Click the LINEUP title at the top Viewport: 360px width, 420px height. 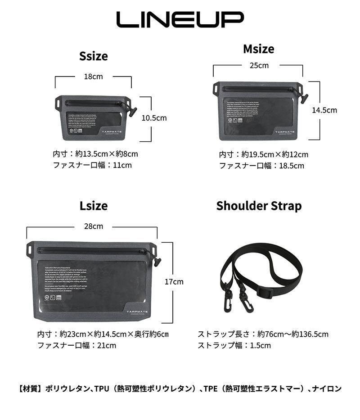coord(180,19)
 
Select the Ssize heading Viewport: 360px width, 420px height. coord(94,56)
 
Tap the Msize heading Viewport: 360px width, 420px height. coord(258,49)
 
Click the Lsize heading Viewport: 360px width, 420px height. coord(94,206)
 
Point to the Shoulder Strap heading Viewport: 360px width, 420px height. coord(259,206)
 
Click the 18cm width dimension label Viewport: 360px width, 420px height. coord(93,77)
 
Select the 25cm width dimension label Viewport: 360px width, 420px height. coord(259,65)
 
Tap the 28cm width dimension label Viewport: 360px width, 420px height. coord(93,226)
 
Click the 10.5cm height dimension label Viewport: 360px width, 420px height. coord(154,118)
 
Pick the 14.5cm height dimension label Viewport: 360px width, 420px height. coord(324,110)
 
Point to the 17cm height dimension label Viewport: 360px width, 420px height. coord(174,282)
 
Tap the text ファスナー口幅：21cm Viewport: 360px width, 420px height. coord(76,345)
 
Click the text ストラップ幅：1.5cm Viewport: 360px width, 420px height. coord(234,345)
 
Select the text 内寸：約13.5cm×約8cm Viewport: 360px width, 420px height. coord(95,154)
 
